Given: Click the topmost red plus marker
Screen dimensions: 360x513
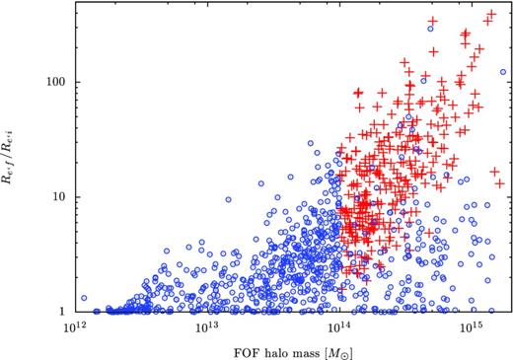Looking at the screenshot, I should (x=491, y=15).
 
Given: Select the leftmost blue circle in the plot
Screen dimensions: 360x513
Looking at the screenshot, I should (x=83, y=297).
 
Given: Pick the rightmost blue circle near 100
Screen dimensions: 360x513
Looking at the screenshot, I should (x=503, y=71).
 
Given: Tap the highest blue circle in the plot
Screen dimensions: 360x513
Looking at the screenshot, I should (x=431, y=30).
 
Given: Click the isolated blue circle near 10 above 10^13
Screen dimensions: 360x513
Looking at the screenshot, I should (x=229, y=199).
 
